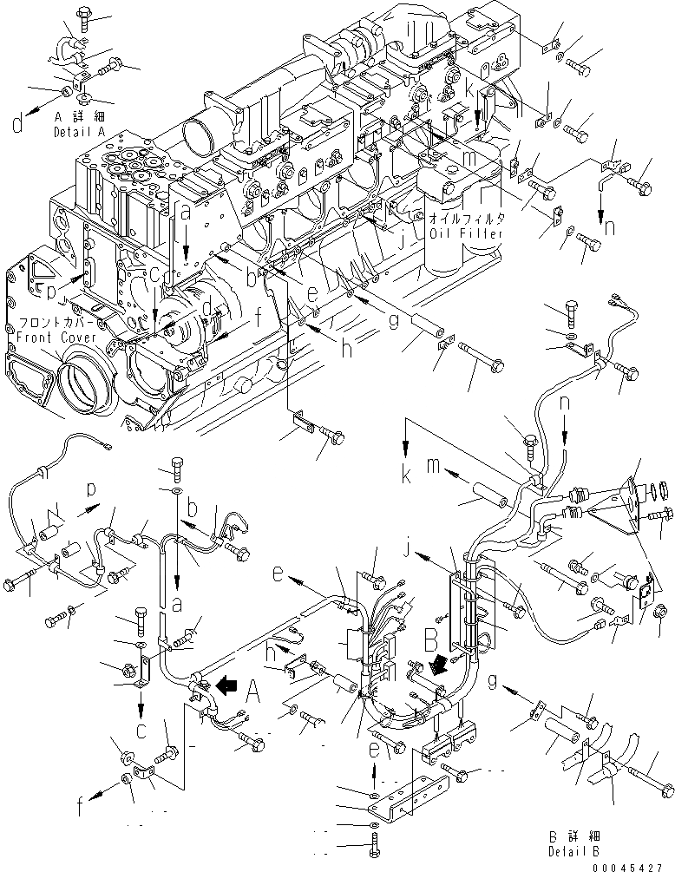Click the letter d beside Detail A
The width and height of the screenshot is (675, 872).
click(x=17, y=124)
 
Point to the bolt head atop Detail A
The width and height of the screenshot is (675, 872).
click(x=85, y=13)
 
